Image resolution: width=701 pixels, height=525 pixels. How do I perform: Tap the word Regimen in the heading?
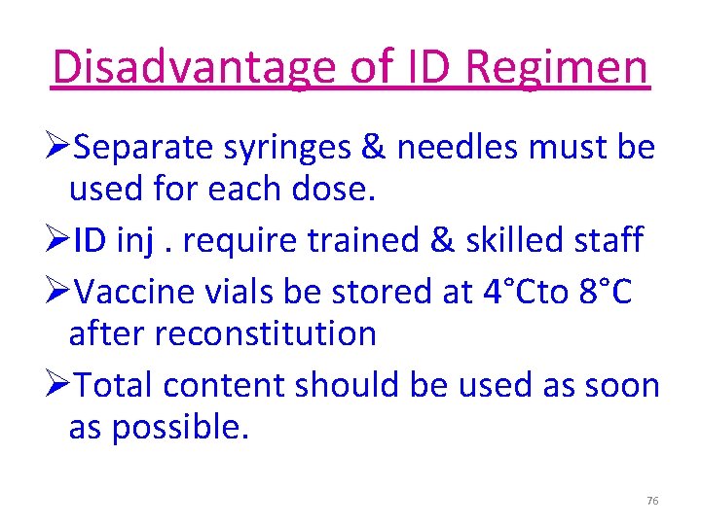(557, 67)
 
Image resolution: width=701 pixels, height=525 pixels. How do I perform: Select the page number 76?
(652, 501)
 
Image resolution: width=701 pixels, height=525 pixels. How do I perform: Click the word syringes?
(283, 149)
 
